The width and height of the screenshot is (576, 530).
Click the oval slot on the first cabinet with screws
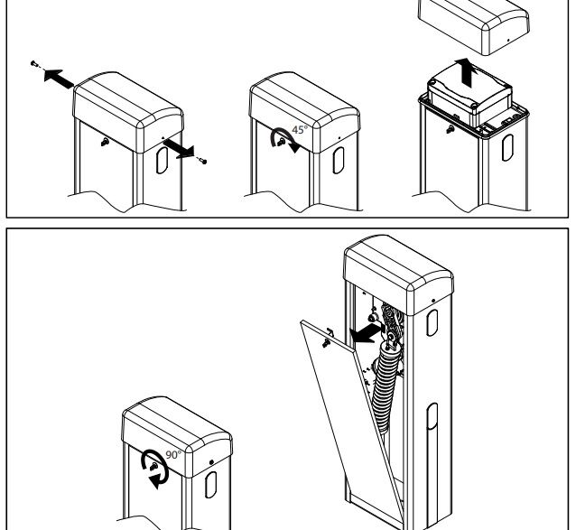(x=163, y=163)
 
